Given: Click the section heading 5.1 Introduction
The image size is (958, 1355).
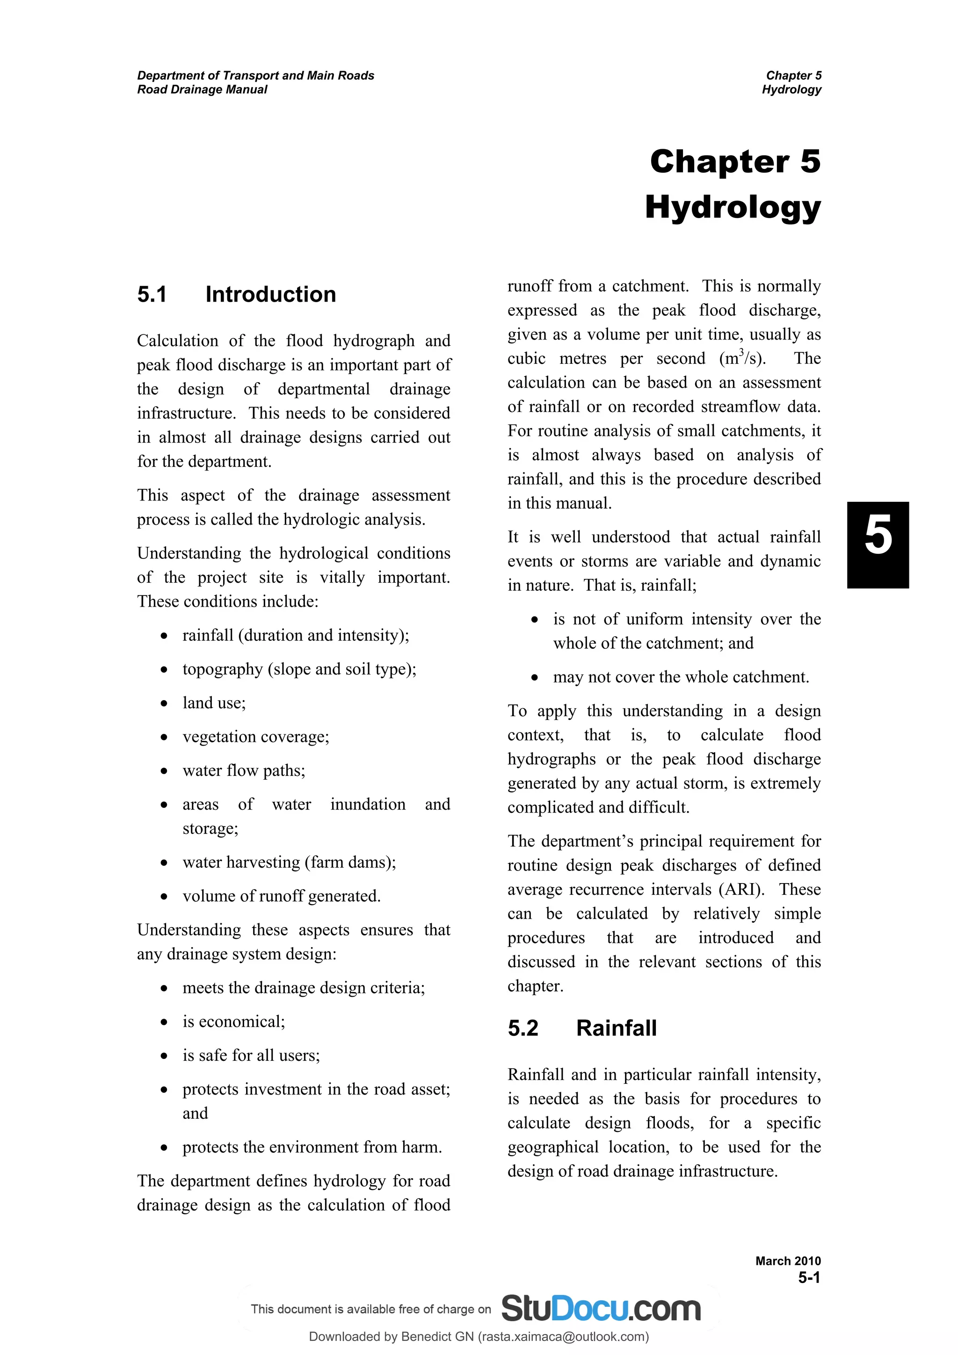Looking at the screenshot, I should tap(236, 295).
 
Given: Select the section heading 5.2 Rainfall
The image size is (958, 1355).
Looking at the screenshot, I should tap(581, 1028).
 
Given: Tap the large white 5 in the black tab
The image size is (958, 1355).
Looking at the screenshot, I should tap(878, 536).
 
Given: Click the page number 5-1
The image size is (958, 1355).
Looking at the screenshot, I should tap(809, 1278).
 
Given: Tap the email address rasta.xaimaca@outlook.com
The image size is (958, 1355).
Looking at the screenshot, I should tap(563, 1337).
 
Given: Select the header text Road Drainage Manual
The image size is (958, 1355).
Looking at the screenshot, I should tap(202, 90).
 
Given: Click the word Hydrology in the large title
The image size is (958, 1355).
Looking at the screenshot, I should tap(733, 208).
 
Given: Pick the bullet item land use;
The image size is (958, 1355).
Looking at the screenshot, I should tap(214, 703).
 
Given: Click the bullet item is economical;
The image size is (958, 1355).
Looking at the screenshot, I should tap(234, 1022).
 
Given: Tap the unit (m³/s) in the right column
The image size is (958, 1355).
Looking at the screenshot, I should tap(742, 359).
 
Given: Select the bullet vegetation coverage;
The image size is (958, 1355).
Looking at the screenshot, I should tap(255, 737).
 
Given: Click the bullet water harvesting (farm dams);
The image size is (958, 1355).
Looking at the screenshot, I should tap(289, 862).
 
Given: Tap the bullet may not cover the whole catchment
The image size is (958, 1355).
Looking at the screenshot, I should tap(681, 677).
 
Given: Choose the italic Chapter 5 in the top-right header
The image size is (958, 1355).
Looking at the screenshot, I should tap(793, 76).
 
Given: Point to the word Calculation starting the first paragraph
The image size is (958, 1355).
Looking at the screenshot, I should tap(177, 341).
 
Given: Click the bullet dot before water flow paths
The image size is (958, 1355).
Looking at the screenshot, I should tap(164, 771).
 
